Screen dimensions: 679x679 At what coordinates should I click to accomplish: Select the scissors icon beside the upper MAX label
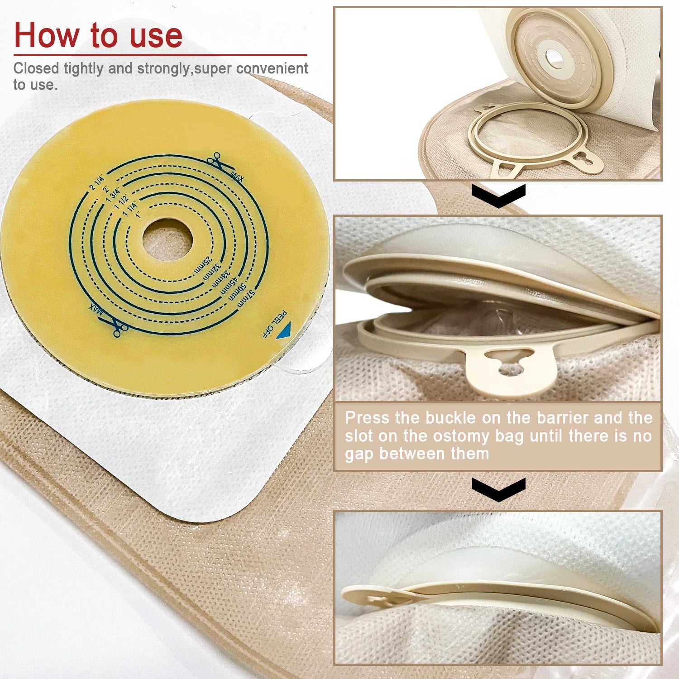(x=215, y=161)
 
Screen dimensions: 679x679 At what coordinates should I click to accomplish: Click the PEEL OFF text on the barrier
(x=275, y=323)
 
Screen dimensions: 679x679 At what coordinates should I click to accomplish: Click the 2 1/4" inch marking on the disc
(x=96, y=181)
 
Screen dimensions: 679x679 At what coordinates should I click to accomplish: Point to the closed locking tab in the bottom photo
(x=376, y=597)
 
